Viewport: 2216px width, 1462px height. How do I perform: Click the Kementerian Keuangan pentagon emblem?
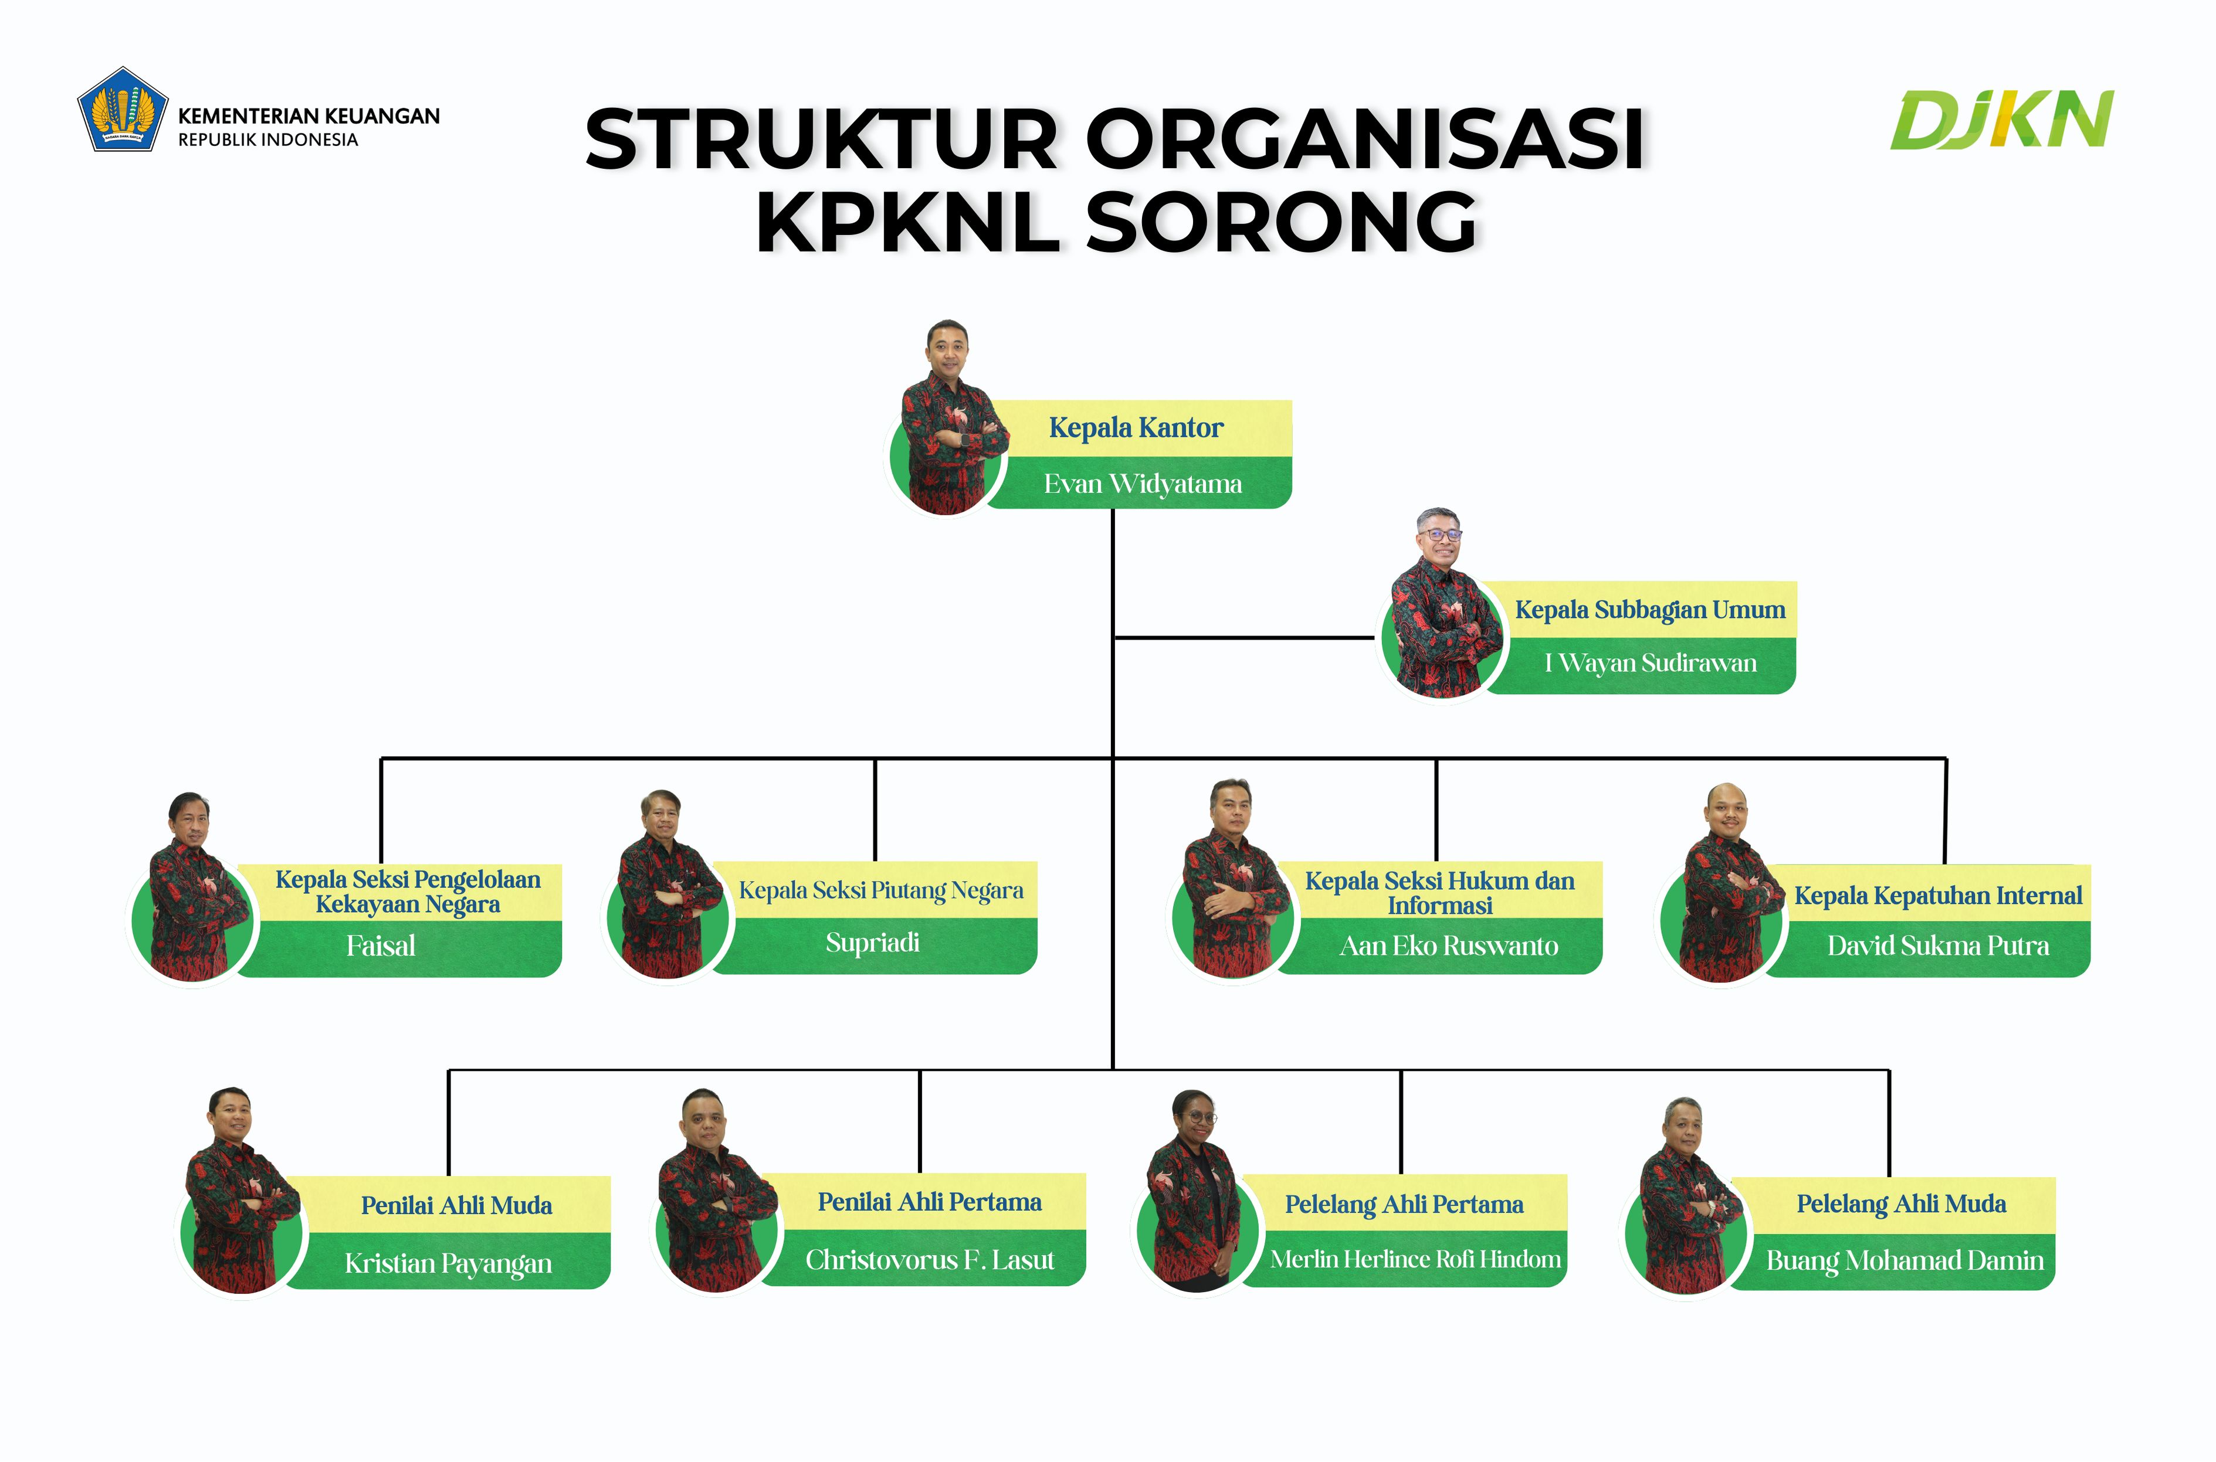[x=122, y=109]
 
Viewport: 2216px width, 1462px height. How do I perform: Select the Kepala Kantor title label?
[x=1136, y=428]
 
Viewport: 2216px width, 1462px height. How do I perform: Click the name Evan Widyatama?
[x=1143, y=484]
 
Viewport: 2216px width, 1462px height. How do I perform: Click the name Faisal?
[x=381, y=946]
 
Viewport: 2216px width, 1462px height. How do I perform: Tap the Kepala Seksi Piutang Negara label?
[x=880, y=890]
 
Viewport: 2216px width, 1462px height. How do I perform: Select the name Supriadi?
[x=872, y=943]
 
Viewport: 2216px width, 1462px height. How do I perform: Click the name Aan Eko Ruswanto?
[x=1448, y=946]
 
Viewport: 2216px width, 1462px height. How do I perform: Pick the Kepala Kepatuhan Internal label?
[x=1938, y=896]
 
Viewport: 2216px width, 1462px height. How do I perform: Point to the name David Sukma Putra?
[x=1938, y=946]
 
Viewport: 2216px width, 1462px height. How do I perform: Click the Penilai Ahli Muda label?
[x=456, y=1206]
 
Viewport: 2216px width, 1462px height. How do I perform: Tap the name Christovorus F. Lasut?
[x=930, y=1260]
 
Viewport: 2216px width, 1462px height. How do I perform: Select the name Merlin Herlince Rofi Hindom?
[x=1415, y=1260]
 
